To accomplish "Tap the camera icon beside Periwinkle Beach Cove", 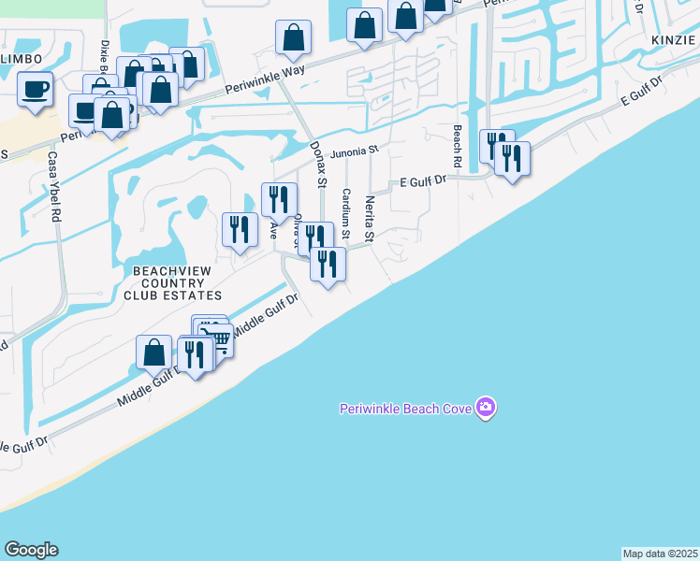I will [x=486, y=408].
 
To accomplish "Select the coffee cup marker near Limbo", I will [x=36, y=90].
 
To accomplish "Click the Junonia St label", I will [x=356, y=150].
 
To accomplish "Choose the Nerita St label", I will [x=370, y=220].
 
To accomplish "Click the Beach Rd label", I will [x=458, y=146].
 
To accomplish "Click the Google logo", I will [x=31, y=550].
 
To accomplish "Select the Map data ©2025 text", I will [x=660, y=554].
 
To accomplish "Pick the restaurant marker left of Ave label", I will [x=240, y=228].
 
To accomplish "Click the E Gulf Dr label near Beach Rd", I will [x=426, y=181].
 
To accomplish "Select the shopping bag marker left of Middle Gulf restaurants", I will [x=154, y=352].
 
